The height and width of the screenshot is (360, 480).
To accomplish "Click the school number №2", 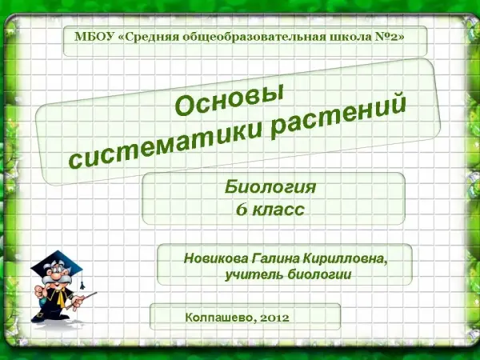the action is coord(385,37).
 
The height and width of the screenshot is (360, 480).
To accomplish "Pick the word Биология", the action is coord(270,187).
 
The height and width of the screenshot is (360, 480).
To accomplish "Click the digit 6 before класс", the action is coord(242,210).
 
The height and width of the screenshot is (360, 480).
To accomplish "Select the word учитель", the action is coord(254,274).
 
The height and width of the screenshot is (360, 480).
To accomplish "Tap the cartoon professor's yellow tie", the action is coord(60,297).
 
